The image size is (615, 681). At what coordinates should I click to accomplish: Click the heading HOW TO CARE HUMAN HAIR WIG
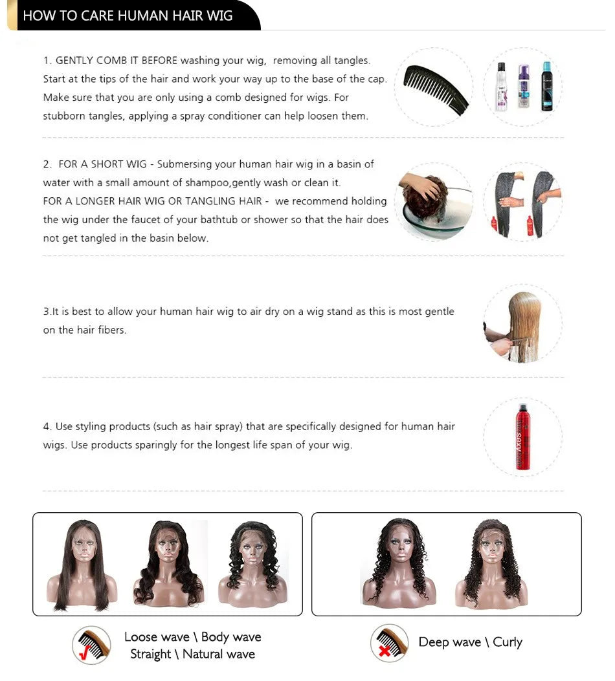tap(128, 16)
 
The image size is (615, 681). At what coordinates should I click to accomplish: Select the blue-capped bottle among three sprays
tap(546, 87)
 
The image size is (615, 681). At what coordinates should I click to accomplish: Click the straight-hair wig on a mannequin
tap(82, 564)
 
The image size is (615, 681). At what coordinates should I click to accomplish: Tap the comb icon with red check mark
tap(91, 644)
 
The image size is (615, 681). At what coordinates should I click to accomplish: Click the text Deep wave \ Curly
tap(470, 642)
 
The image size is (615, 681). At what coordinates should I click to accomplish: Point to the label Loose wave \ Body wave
tap(192, 637)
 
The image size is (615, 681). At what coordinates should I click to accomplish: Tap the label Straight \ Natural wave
tap(192, 654)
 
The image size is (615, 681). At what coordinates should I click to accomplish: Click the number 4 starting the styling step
tap(47, 427)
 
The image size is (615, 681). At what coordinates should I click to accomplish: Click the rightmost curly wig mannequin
tap(491, 564)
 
